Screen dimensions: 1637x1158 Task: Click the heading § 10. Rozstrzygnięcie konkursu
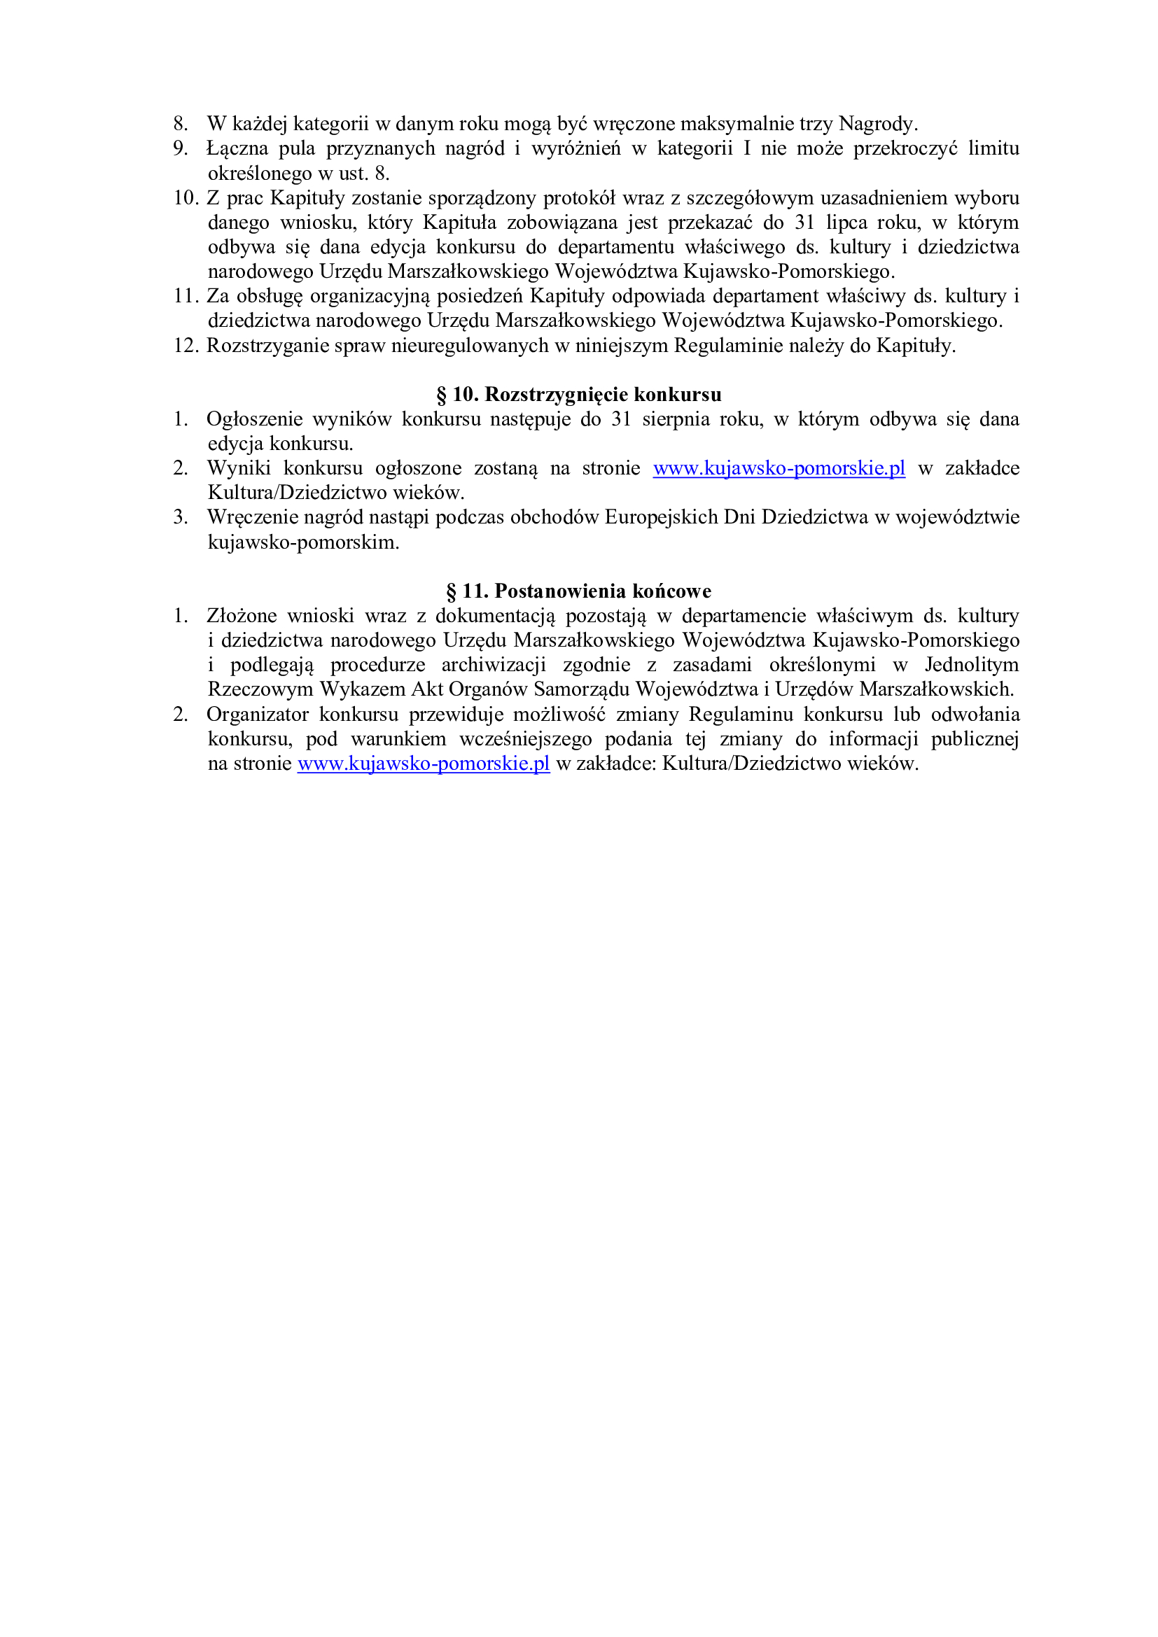coord(579,394)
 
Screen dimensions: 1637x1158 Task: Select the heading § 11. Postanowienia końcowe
coord(579,591)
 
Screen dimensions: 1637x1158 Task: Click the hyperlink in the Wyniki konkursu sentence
coord(779,468)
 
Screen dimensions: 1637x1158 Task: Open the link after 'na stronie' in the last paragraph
coord(424,764)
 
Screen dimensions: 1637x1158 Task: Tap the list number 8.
coord(181,124)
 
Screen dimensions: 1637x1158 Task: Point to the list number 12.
coord(186,346)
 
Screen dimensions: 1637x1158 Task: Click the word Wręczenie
coord(253,518)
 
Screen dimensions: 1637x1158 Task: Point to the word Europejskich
coord(661,518)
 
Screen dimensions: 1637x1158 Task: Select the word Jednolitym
coord(972,665)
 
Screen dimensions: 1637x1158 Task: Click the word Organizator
coord(258,715)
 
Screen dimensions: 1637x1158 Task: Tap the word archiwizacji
coord(494,665)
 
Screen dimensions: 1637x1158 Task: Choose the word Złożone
coord(242,616)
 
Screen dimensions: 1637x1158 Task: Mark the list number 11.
coord(186,296)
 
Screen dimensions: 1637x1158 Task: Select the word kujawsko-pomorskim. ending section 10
coord(304,542)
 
